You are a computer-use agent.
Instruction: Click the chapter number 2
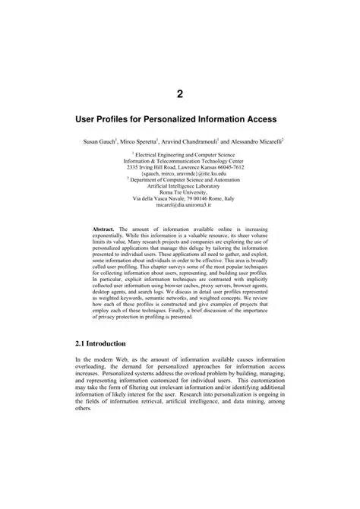180,94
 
